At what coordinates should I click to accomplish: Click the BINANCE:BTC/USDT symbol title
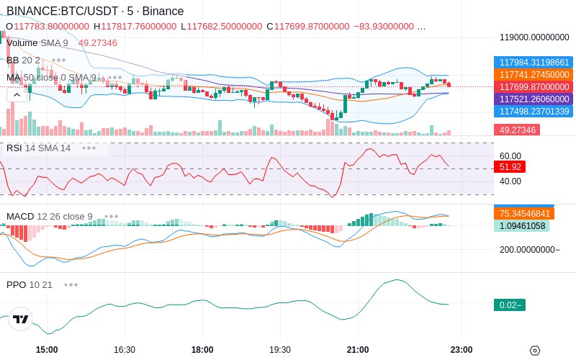(x=63, y=11)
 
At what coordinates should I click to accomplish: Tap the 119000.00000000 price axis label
(x=534, y=37)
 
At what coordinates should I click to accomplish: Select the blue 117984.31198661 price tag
(x=534, y=62)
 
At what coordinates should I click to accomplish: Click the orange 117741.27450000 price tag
(x=534, y=75)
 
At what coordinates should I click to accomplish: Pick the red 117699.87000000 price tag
(x=534, y=86)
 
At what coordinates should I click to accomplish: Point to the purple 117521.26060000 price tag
(x=534, y=99)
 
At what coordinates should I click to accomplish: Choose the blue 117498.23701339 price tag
(x=534, y=111)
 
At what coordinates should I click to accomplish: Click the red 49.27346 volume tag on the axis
(x=517, y=130)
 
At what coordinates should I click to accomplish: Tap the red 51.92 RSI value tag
(x=510, y=167)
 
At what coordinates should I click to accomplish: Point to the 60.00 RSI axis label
(x=510, y=156)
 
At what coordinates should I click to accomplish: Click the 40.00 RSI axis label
(x=510, y=181)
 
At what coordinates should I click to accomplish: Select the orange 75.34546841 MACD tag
(x=524, y=213)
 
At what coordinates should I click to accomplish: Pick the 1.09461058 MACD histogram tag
(x=521, y=225)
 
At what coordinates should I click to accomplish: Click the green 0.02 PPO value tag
(x=510, y=305)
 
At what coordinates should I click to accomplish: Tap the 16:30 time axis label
(x=125, y=349)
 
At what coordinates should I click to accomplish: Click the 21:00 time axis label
(x=358, y=349)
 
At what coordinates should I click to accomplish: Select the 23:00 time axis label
(x=462, y=349)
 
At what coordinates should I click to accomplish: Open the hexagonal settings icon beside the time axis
(x=535, y=351)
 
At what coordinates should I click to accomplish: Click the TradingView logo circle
(x=21, y=319)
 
